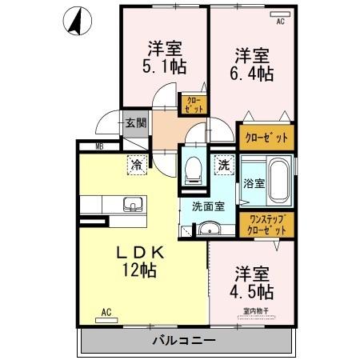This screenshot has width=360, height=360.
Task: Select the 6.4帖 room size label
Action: pos(254,74)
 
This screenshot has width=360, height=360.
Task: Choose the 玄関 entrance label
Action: pos(135,123)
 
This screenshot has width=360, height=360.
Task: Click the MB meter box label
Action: pos(99,146)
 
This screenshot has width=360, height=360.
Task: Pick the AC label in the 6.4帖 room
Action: pos(280,22)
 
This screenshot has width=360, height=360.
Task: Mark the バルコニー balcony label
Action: pos(183,341)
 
